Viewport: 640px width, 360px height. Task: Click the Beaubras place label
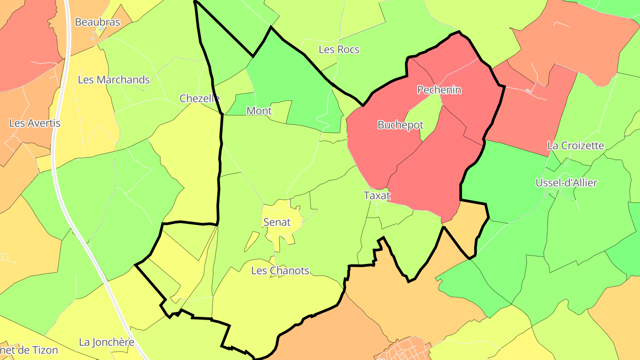pos(97,22)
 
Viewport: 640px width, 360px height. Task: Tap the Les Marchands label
pos(114,80)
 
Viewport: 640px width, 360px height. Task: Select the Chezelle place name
pos(200,98)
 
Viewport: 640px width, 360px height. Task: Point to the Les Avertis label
pos(35,123)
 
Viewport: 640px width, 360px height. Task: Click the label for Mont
pos(259,111)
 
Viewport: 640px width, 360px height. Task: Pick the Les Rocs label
pos(339,49)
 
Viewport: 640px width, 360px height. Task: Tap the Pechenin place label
pos(439,90)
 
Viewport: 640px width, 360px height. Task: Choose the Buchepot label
pos(400,125)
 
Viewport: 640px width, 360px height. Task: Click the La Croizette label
pos(576,145)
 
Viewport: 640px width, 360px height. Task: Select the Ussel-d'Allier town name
pos(566,183)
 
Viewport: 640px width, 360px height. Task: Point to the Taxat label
pos(377,196)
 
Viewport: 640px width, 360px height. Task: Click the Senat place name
pos(277,222)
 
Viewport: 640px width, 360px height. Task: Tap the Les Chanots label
pos(280,270)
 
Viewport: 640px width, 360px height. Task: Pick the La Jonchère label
pos(107,342)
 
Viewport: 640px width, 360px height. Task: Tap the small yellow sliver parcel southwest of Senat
pos(252,241)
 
